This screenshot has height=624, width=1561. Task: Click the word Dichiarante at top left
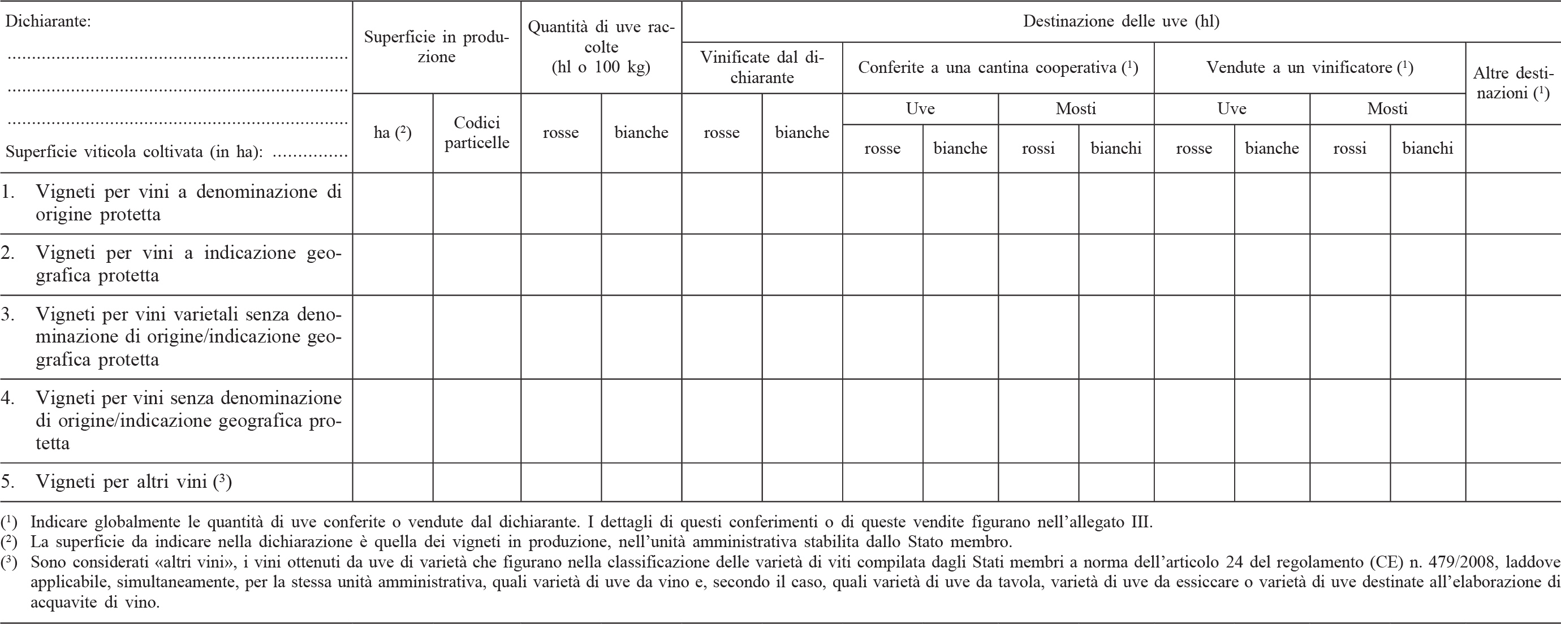point(48,23)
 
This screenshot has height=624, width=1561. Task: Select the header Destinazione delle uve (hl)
point(1121,22)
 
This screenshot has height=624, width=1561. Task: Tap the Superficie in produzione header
point(436,47)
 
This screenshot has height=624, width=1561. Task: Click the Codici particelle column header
point(477,133)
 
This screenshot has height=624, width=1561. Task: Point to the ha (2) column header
point(393,133)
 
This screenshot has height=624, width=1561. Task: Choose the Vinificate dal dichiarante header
point(762,67)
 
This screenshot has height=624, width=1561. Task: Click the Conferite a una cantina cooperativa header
point(998,68)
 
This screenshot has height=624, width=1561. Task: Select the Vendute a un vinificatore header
point(1309,68)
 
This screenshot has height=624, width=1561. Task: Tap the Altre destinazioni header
point(1512,83)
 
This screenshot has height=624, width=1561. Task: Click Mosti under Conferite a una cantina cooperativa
point(1076,109)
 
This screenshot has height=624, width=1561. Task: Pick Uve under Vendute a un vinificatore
point(1231,109)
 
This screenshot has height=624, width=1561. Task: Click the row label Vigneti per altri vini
point(133,482)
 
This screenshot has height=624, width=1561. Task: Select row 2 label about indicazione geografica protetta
point(188,264)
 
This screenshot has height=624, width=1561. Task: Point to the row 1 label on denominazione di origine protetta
point(188,203)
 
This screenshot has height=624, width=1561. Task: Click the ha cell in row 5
point(393,482)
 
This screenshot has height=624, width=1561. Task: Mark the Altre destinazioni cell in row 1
point(1512,203)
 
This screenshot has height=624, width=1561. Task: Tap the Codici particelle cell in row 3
point(477,337)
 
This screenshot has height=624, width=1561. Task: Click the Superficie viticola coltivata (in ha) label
point(134,151)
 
